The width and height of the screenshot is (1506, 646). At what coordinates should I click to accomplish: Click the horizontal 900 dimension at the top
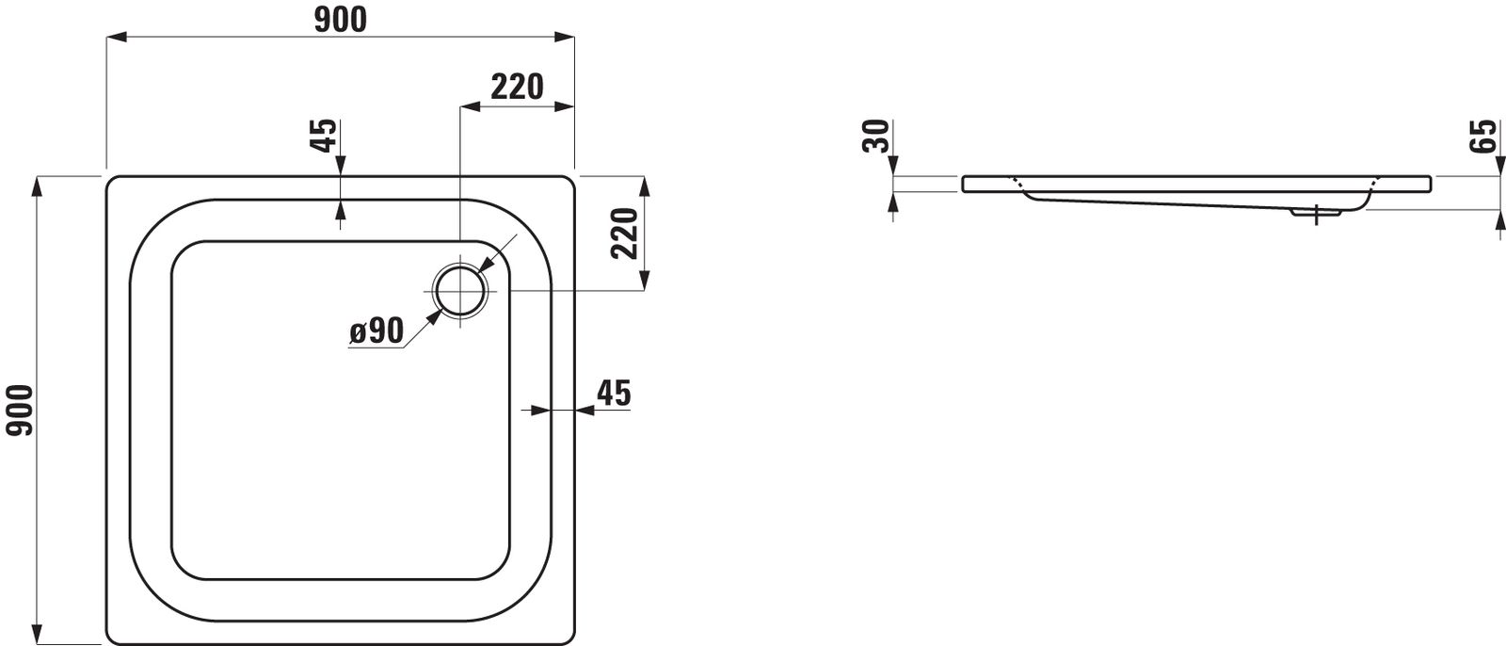(340, 20)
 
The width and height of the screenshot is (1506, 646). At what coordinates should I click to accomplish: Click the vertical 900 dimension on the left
(20, 411)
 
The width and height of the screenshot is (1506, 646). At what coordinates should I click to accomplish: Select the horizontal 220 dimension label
(517, 87)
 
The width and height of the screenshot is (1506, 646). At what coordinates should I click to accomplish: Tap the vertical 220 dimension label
(625, 234)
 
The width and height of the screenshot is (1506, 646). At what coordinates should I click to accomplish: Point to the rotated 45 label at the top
(326, 136)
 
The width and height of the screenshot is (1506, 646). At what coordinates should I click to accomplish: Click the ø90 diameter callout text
(376, 331)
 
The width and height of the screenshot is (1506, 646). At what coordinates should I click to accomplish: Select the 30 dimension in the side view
(877, 137)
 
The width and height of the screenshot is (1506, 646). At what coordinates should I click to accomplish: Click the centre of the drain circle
(460, 291)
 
